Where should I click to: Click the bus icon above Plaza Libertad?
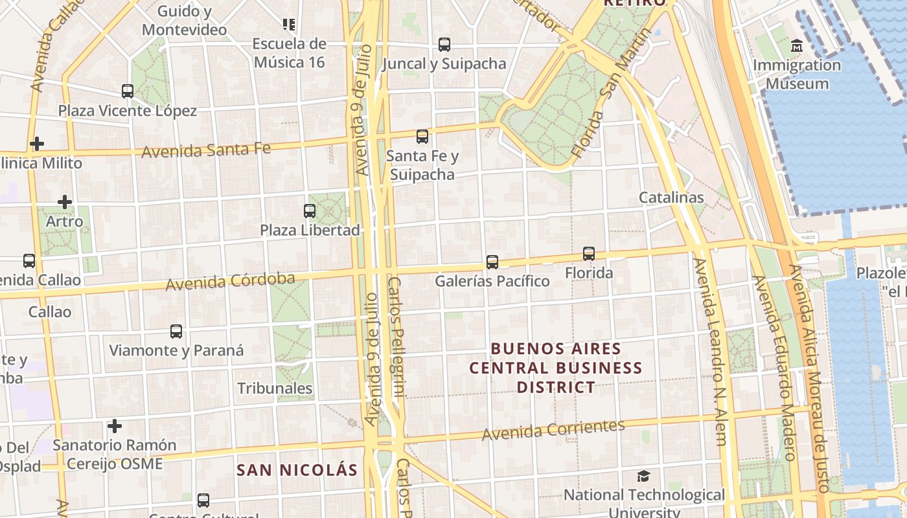310,211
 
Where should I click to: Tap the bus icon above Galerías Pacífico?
492,262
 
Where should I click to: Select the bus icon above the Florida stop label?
589,254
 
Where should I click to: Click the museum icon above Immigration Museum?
797,46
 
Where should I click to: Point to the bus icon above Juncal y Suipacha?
444,45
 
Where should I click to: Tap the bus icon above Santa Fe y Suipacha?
422,137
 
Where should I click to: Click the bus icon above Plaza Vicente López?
128,91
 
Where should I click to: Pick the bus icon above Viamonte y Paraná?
176,332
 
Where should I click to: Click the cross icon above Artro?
65,202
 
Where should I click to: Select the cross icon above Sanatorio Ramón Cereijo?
115,426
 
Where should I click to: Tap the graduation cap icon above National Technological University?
643,477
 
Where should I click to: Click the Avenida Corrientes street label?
553,429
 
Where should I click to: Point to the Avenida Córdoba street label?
230,282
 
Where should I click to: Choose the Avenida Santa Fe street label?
206,150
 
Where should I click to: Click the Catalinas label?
671,197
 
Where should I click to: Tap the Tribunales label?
275,388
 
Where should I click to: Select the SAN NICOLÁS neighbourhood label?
297,470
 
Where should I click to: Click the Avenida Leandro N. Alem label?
709,353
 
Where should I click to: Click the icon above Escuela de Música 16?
289,25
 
